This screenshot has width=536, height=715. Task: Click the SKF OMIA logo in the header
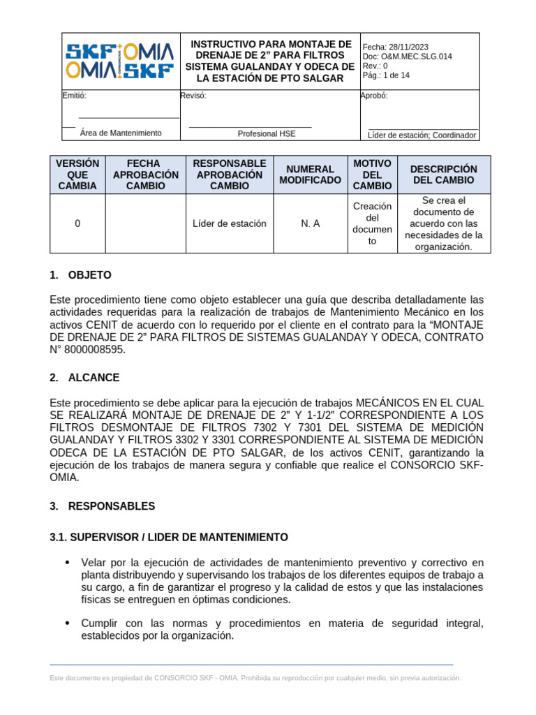coord(120,61)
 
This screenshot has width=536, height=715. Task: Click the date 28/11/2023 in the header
coord(407,47)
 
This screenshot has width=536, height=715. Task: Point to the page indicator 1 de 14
coord(395,76)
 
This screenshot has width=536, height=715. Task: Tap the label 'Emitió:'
coord(75,96)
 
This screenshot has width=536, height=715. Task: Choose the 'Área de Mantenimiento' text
coord(121,133)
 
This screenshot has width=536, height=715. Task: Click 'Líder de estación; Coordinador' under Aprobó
coord(422,135)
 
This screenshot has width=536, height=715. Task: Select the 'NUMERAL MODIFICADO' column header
coord(311,175)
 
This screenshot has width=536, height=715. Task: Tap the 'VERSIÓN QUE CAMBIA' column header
coord(77,175)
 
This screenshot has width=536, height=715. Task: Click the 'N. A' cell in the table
coord(311,223)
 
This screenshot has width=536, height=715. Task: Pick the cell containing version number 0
coord(77,223)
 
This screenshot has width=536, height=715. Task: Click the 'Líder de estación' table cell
coord(230,223)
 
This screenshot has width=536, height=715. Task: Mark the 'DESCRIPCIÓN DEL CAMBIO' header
coord(444,175)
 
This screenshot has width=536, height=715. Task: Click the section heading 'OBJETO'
coord(89,275)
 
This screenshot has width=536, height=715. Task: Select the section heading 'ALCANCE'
coord(94,378)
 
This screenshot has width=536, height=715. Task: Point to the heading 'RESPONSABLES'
coord(112,506)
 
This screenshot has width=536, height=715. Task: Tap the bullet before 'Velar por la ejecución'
coord(67,563)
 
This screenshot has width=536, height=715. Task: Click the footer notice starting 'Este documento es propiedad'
coord(255,678)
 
